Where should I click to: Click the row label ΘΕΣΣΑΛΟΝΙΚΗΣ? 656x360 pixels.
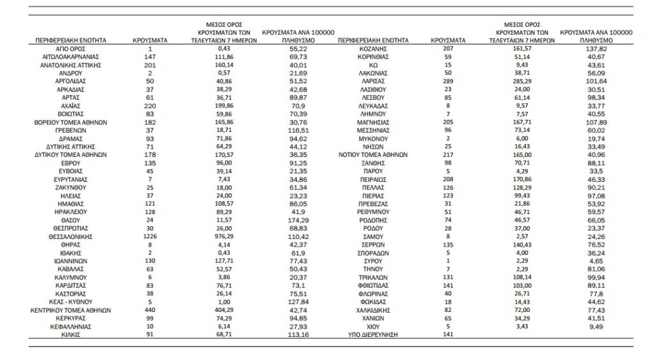[x=71, y=236]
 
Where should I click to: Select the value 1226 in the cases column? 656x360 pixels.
[x=150, y=236]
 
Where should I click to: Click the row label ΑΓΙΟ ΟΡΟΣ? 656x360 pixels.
[x=71, y=49]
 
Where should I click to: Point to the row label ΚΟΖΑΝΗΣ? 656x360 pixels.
[x=373, y=49]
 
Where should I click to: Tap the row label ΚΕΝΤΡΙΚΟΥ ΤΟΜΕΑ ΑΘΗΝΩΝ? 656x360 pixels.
[x=71, y=309]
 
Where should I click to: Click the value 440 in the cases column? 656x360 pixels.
[x=150, y=309]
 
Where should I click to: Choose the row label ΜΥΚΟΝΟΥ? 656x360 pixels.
[x=373, y=138]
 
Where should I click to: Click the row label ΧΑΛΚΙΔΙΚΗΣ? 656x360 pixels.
[x=373, y=309]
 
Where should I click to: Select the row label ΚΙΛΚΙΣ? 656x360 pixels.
[x=71, y=334]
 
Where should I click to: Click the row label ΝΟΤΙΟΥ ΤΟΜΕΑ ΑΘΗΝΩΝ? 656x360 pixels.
[x=373, y=154]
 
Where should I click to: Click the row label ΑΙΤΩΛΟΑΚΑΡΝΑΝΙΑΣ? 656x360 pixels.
[x=71, y=57]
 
